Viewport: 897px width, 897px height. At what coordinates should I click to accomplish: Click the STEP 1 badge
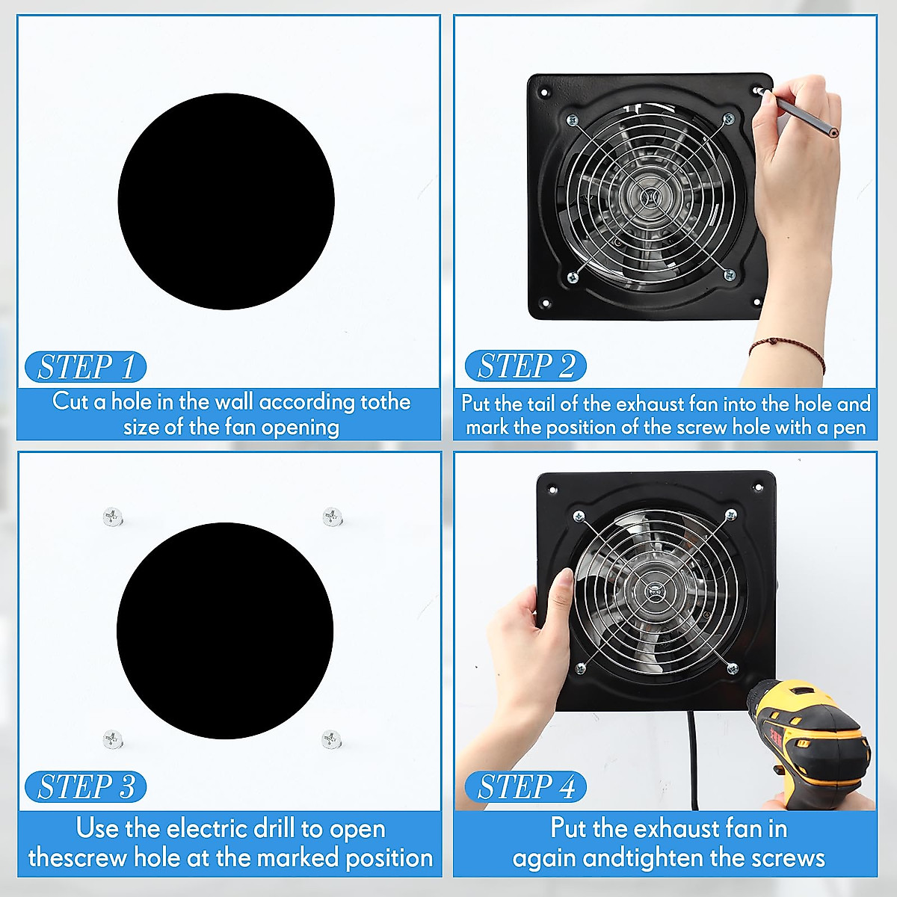click(x=85, y=367)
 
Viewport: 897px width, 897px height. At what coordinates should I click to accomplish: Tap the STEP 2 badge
click(x=525, y=366)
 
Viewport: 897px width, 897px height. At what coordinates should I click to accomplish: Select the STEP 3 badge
click(x=85, y=787)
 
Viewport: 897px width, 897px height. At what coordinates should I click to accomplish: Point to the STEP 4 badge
click(x=525, y=787)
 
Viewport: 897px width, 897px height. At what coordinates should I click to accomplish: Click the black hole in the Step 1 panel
click(x=226, y=201)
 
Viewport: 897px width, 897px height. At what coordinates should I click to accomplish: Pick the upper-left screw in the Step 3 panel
click(x=113, y=516)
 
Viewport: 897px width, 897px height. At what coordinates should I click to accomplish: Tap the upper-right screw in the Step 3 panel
click(x=332, y=516)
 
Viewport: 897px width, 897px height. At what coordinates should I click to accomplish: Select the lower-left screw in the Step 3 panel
click(x=112, y=739)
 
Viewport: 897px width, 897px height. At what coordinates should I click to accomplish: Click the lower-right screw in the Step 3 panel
click(x=331, y=739)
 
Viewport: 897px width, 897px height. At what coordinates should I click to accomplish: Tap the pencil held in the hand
click(x=804, y=117)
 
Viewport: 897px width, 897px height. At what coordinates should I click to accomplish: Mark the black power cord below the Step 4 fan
click(x=693, y=755)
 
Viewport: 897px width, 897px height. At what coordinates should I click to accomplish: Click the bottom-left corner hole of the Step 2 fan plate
click(x=545, y=304)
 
